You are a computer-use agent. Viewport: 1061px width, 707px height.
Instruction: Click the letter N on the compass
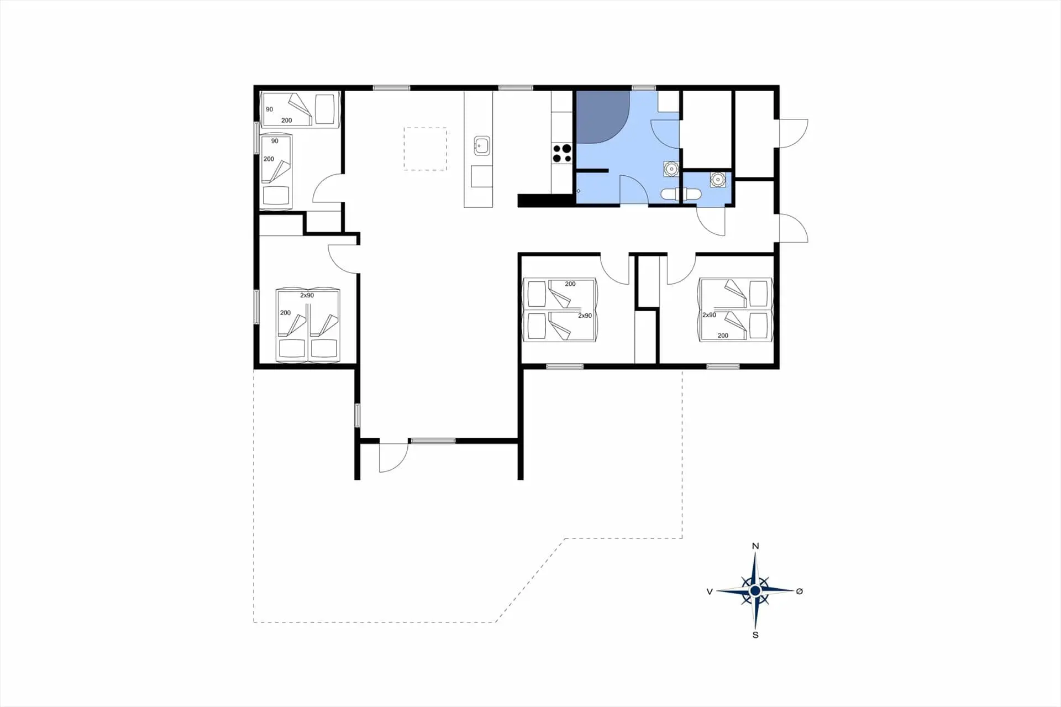pyautogui.click(x=755, y=546)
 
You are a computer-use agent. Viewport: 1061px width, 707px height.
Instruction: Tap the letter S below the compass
pyautogui.click(x=755, y=635)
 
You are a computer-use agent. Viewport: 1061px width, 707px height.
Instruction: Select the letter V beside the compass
pyautogui.click(x=710, y=591)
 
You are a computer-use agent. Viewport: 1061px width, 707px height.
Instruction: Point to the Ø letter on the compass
pyautogui.click(x=799, y=591)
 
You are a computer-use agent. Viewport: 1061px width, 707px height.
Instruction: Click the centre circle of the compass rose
pyautogui.click(x=755, y=591)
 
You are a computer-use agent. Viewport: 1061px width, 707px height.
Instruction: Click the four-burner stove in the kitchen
pyautogui.click(x=562, y=153)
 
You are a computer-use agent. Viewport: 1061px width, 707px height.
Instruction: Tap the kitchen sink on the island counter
pyautogui.click(x=482, y=146)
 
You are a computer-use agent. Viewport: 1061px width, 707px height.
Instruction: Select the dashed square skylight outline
pyautogui.click(x=425, y=149)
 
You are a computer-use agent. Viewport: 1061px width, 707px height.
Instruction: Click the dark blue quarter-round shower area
pyautogui.click(x=602, y=117)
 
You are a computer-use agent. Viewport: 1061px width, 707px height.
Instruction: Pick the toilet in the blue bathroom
pyautogui.click(x=681, y=194)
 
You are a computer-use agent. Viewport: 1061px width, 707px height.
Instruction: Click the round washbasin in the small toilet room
pyautogui.click(x=717, y=179)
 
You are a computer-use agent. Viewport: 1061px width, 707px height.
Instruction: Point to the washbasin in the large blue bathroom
pyautogui.click(x=671, y=169)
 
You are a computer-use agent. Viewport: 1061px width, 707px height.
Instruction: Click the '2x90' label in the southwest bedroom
pyautogui.click(x=307, y=296)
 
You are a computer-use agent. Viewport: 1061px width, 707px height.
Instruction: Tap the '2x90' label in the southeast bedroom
pyautogui.click(x=709, y=315)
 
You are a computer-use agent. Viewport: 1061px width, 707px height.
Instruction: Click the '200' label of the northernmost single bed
pyautogui.click(x=286, y=121)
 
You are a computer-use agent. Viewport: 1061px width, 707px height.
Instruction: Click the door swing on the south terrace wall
pyautogui.click(x=393, y=458)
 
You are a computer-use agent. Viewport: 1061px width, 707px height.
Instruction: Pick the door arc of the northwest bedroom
pyautogui.click(x=328, y=188)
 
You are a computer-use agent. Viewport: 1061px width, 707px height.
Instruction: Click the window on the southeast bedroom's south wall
pyautogui.click(x=723, y=366)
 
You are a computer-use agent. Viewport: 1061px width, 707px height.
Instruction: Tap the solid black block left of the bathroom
pyautogui.click(x=545, y=201)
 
